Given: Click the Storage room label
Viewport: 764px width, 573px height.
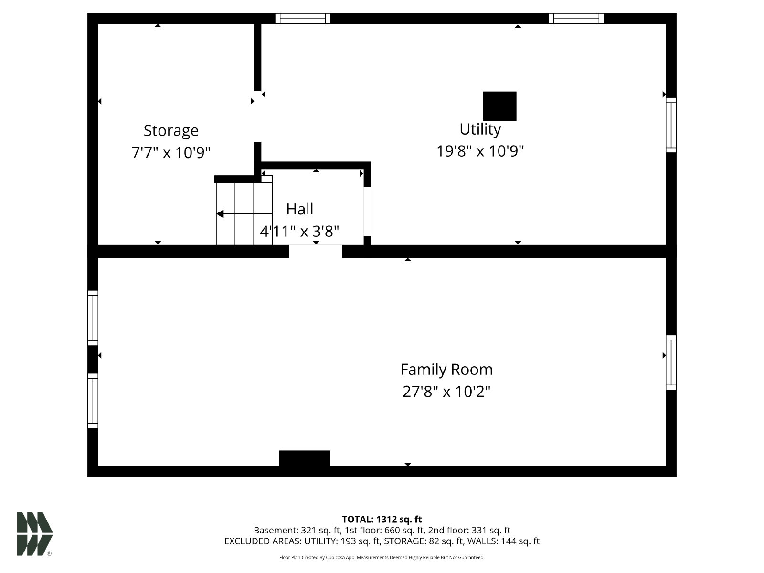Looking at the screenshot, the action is click(x=171, y=131).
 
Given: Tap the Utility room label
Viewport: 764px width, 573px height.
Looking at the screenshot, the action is click(x=480, y=129).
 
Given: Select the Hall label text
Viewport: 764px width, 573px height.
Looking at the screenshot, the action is click(x=300, y=209).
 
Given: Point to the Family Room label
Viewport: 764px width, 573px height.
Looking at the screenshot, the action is click(x=446, y=369).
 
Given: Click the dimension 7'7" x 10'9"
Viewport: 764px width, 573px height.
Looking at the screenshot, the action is click(x=171, y=152).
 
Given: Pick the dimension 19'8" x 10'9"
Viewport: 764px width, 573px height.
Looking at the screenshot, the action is click(x=480, y=151).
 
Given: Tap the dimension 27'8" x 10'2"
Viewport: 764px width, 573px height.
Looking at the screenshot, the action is click(x=446, y=392).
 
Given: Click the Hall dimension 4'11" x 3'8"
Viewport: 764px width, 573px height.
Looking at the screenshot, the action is click(x=300, y=231).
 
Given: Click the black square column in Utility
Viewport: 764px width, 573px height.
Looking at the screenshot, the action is click(x=499, y=106).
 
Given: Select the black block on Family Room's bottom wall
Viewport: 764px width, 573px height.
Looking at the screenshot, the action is click(x=305, y=458).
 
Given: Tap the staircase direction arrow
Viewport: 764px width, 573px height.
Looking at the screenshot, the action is click(x=244, y=213).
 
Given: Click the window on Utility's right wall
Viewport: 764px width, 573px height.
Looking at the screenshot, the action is click(x=671, y=125).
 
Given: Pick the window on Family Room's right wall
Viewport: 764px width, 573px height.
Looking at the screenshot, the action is click(x=671, y=362).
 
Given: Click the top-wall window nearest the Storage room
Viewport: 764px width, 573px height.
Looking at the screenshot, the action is click(x=302, y=19).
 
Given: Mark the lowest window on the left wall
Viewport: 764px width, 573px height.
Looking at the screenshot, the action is click(x=93, y=401).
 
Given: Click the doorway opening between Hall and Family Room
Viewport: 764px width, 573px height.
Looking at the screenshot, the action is click(x=316, y=251).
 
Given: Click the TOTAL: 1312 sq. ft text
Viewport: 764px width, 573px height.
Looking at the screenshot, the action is click(x=382, y=520).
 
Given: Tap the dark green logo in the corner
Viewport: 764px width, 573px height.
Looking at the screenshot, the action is click(x=35, y=534).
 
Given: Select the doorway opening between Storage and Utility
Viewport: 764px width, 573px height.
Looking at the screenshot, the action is click(x=257, y=117).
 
